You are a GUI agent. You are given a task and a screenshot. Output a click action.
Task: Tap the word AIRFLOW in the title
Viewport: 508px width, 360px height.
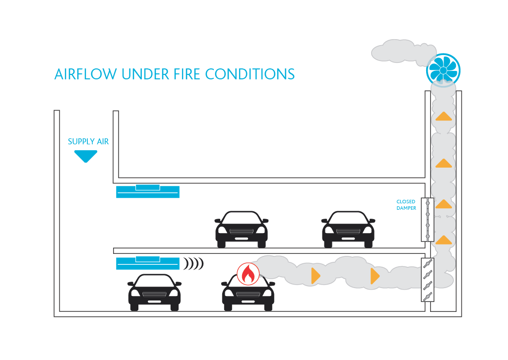coord(86,74)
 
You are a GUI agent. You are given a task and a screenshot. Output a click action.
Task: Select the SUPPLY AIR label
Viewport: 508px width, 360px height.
coord(88,142)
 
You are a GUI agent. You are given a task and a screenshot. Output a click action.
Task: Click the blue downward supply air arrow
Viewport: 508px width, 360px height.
coord(85,156)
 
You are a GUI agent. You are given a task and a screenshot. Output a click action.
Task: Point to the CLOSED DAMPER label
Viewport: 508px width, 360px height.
coord(406,205)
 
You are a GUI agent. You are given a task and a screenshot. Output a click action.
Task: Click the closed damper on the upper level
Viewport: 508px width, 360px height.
coord(427,220)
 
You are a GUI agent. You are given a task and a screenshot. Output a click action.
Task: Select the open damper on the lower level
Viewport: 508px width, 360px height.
coord(427,280)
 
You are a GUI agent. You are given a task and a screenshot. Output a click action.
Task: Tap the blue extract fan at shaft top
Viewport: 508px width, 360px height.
coord(443,69)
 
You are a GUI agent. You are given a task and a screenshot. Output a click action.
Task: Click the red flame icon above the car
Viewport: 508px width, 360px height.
coord(248,274)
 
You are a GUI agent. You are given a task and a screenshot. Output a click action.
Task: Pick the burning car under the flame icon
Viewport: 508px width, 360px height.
coord(248,295)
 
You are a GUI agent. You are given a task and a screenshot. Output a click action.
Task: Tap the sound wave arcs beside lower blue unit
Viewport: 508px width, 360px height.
coord(193,264)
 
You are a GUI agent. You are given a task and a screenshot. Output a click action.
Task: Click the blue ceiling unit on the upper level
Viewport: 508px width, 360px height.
coord(147,191)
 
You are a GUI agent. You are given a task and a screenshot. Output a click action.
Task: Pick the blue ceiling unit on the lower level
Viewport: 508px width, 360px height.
coord(147,263)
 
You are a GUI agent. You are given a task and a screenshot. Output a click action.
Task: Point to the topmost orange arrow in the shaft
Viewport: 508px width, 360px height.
coord(444,117)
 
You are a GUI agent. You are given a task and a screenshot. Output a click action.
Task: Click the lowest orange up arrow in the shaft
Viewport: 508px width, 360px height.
coord(444,240)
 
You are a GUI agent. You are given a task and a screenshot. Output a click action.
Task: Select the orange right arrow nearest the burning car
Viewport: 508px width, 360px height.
coord(316,276)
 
